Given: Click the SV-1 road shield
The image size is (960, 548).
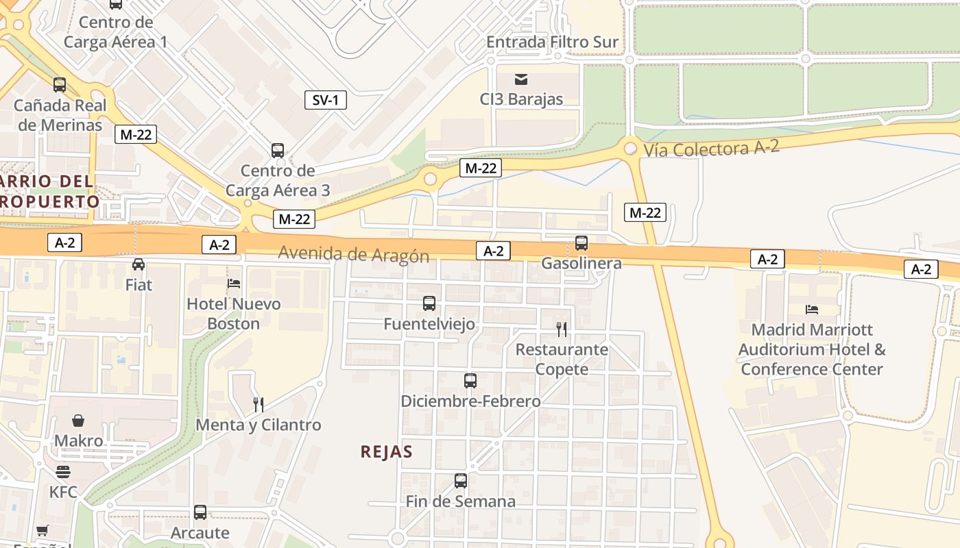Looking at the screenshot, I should tap(325, 100).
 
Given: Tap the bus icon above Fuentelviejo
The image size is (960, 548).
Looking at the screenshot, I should tap(429, 303).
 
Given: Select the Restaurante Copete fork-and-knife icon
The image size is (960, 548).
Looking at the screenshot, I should tap(562, 329).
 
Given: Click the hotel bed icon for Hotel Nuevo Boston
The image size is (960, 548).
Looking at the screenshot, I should tap(234, 284).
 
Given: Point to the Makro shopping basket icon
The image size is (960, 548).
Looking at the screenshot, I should tap(78, 420).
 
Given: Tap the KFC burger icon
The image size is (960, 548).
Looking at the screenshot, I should tap(63, 472).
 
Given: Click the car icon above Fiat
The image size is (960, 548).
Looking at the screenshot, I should tap(139, 264).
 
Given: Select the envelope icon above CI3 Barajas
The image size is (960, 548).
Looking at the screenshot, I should tap(521, 79).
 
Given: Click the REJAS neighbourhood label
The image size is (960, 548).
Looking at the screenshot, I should tap(387, 451).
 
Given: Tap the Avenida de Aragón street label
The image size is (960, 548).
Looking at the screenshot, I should tap(353, 254).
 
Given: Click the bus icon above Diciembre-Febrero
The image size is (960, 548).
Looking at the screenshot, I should tap(470, 380).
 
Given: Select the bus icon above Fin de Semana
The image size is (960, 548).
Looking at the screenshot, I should tap(461, 480).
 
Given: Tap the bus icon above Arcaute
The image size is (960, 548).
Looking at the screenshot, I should tap(200, 512).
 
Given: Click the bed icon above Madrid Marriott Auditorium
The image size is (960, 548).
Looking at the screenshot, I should tap(813, 310).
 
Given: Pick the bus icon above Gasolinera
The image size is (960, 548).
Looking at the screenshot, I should tap(581, 242).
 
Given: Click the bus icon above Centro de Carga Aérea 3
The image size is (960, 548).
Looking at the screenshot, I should tap(278, 150).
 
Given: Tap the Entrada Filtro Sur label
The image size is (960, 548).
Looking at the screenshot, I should tap(552, 42).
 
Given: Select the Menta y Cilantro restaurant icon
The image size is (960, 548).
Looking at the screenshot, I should tap(259, 404).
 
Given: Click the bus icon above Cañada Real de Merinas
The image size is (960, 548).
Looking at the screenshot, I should tap(60, 85).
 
